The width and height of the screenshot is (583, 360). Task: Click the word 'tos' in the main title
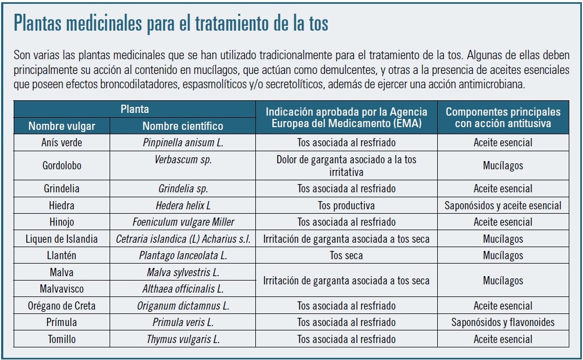pos(318,24)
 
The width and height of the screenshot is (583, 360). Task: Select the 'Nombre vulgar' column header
pos(62,126)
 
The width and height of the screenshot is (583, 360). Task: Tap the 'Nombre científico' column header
pos(182,126)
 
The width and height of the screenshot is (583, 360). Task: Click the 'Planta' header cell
pos(135,109)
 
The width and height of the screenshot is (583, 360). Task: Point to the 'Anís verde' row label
pos(62,142)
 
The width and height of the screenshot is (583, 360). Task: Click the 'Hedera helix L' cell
pos(183,205)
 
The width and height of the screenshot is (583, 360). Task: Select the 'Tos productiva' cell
pos(346,205)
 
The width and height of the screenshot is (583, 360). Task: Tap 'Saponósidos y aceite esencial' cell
pos(503,205)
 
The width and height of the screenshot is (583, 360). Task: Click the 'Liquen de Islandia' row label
pos(62,239)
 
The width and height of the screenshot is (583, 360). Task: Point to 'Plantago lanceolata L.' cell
pos(183,255)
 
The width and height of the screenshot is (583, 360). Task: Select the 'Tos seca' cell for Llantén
pos(346,255)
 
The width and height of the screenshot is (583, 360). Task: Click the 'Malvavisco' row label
pos(62,289)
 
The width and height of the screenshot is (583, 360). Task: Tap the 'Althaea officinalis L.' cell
pos(183,289)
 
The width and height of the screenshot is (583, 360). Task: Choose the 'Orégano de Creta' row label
pos(62,306)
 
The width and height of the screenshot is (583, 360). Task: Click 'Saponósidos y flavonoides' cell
pos(503,322)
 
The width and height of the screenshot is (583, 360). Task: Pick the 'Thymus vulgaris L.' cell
pos(183,339)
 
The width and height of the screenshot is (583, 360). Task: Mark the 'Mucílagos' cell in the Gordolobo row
pos(503,165)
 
